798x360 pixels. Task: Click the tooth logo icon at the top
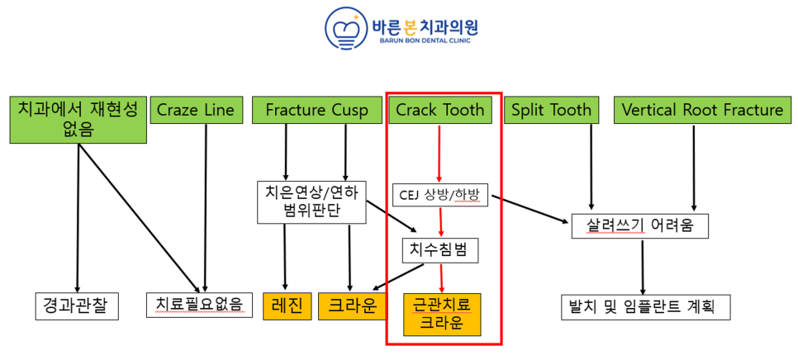[344, 30]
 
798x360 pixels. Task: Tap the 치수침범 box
[441, 250]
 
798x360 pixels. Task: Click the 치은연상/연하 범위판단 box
[312, 201]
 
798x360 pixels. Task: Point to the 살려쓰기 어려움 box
[639, 225]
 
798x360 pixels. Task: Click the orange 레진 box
[287, 306]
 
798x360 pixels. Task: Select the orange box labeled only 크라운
[352, 306]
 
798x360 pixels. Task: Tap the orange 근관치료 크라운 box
[442, 315]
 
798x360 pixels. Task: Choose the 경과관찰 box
[78, 306]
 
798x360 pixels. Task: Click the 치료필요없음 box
[200, 306]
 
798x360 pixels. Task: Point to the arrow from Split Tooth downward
[591, 167]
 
